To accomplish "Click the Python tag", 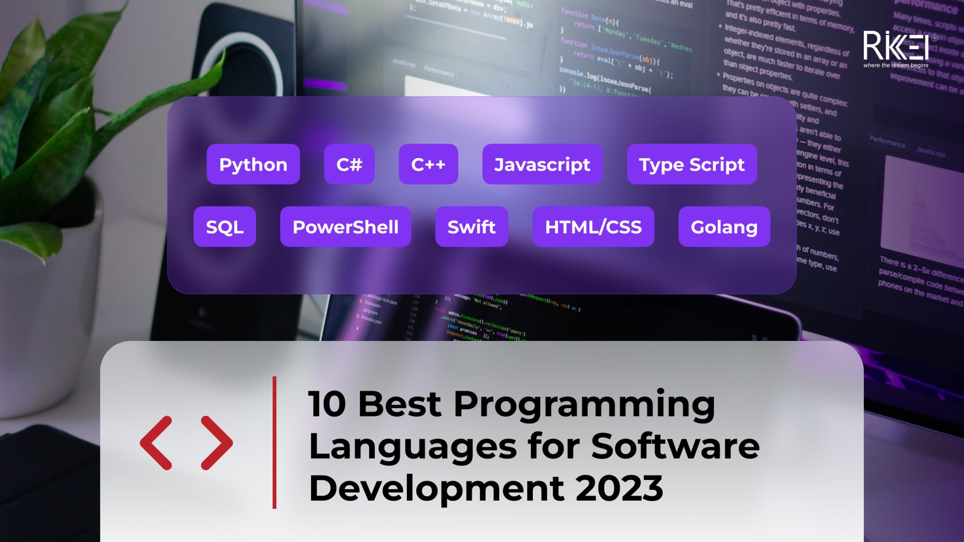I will pyautogui.click(x=253, y=164).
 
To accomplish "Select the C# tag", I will pyautogui.click(x=349, y=164).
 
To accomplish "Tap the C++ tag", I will pyautogui.click(x=428, y=164).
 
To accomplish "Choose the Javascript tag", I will pyautogui.click(x=542, y=164).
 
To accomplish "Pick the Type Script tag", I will pyautogui.click(x=692, y=164).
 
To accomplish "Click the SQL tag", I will pyautogui.click(x=225, y=227).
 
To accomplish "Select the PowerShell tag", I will pyautogui.click(x=345, y=227).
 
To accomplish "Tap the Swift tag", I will pyautogui.click(x=472, y=227).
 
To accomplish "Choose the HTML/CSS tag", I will pyautogui.click(x=593, y=227).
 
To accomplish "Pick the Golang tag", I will pyautogui.click(x=724, y=227).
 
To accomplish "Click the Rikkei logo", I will pyautogui.click(x=896, y=46).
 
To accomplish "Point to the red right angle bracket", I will pyautogui.click(x=217, y=443).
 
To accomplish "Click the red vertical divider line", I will pyautogui.click(x=274, y=442).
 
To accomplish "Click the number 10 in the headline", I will pyautogui.click(x=327, y=404).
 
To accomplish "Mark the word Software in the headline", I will pyautogui.click(x=675, y=446).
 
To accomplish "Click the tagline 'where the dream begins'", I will pyautogui.click(x=896, y=65).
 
